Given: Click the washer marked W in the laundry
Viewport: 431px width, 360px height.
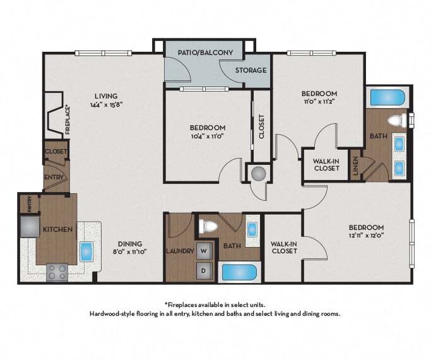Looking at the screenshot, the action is tap(204, 251).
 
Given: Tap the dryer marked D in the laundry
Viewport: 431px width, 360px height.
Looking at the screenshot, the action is tap(204, 270).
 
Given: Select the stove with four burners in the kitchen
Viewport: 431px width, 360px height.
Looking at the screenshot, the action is tap(57, 272).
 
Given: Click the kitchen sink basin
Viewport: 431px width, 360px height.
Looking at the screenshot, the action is tap(86, 251).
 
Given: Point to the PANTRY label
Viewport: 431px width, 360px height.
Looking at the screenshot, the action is tap(30, 204).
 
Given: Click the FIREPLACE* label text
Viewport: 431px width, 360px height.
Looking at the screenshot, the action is tap(68, 121).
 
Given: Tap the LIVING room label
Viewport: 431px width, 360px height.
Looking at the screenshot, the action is tap(106, 96).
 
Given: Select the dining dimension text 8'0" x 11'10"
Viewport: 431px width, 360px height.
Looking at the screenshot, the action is tap(130, 251).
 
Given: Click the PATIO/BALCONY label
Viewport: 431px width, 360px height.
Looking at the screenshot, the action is tap(205, 52).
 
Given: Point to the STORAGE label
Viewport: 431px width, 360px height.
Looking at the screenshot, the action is tap(251, 70).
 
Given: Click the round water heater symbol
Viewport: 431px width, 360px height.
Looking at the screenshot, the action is tap(259, 174).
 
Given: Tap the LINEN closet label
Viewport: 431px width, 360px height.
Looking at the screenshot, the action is tap(355, 166).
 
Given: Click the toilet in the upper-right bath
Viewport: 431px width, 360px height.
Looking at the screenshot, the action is tap(398, 121).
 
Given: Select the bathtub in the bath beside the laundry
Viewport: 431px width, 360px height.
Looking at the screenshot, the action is tap(239, 272).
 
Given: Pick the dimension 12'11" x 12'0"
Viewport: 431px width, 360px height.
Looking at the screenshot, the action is tap(367, 235).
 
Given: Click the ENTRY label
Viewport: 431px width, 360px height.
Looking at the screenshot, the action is tap(54, 177).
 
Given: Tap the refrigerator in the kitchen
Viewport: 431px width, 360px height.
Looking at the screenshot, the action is tap(30, 226).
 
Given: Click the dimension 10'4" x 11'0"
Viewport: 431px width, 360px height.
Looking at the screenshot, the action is tap(208, 136).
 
